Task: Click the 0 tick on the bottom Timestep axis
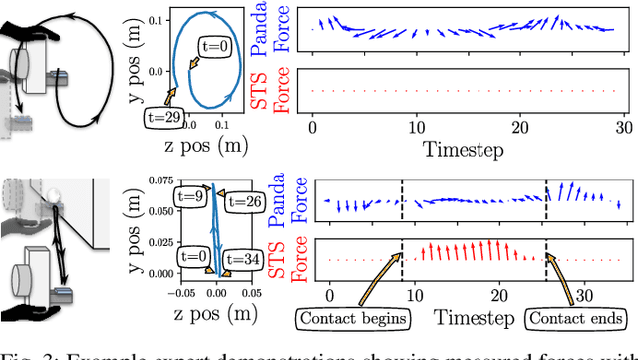tap(330, 295)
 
